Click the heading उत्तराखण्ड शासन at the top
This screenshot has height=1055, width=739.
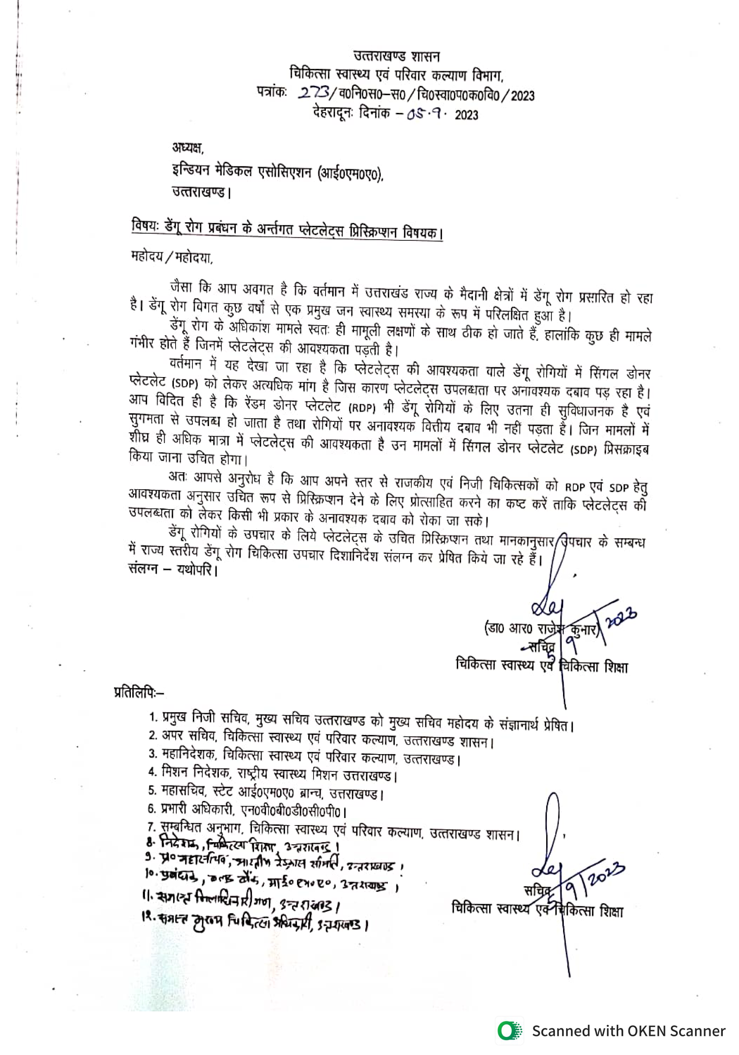tap(396, 57)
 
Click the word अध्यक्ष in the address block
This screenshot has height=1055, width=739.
tap(187, 148)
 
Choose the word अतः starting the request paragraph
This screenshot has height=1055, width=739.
tap(178, 477)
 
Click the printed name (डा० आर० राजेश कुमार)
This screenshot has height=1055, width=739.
tap(541, 628)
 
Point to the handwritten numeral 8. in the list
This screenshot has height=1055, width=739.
tap(151, 842)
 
